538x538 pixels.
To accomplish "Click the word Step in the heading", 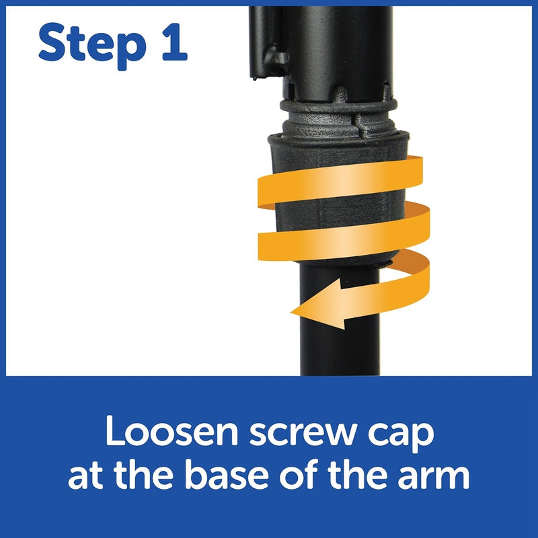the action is point(92,46).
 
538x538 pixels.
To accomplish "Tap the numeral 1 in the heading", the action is point(175,42).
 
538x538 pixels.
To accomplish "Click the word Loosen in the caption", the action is point(171,430).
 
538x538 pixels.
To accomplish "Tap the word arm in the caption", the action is point(434,478).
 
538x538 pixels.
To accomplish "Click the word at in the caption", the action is point(86,477).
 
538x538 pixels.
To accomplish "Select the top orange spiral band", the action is point(340,182).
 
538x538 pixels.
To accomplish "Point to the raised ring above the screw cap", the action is point(339,106).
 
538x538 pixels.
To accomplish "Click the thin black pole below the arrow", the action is point(340,350).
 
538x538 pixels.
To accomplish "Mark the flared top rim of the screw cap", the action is point(338,139).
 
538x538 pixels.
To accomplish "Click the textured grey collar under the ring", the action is point(339,124).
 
